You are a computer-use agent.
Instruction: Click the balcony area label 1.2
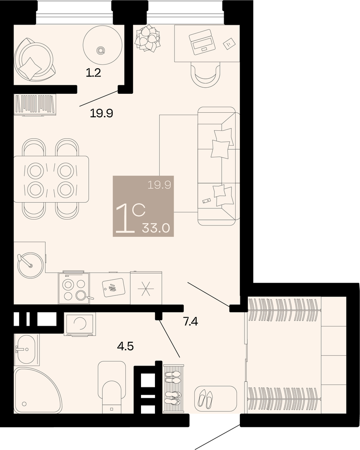[x=94, y=73]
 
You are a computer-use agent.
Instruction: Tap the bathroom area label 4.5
[x=125, y=347]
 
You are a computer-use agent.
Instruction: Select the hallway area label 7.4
[x=191, y=322]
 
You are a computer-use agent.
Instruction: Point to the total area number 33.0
[x=156, y=228]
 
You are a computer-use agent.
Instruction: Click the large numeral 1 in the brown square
[x=125, y=219]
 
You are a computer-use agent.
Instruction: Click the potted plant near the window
[x=148, y=39]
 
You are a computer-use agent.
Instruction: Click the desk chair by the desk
[x=206, y=76]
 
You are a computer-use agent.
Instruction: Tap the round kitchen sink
[x=30, y=265]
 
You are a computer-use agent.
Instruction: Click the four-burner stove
[x=74, y=288]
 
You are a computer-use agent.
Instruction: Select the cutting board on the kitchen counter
[x=113, y=288]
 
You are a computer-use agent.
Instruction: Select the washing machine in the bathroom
[x=80, y=324]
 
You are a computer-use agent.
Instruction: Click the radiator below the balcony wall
[x=35, y=105]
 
